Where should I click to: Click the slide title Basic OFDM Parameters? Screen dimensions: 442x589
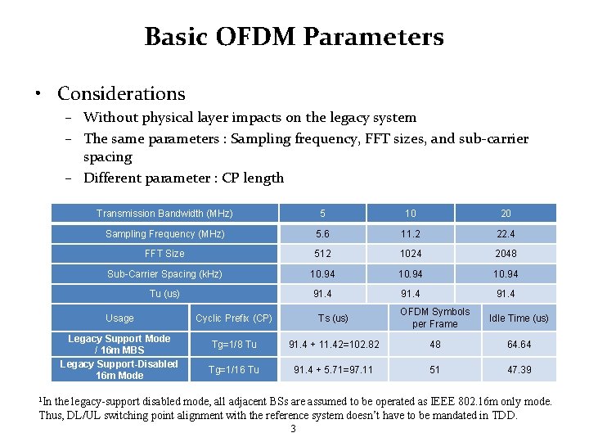pos(294,37)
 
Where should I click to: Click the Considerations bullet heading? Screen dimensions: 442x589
pos(121,94)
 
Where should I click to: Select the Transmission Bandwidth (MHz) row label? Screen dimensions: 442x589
pos(164,214)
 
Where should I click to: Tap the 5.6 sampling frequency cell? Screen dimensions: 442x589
pos(322,234)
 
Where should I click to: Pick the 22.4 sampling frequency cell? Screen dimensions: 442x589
pos(506,234)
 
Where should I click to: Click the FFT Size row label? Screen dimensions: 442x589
pos(164,254)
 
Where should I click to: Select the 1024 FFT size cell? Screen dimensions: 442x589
pos(411,254)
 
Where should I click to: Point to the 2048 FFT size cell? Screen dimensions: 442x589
pos(506,254)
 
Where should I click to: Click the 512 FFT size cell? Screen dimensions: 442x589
pos(322,254)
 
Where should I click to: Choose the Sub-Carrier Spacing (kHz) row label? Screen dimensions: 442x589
pos(164,274)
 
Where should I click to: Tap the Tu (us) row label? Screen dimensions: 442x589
pos(164,294)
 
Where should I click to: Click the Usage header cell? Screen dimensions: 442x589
pos(119,318)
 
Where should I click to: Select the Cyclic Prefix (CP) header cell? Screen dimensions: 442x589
pos(234,318)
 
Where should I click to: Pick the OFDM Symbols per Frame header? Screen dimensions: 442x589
pos(434,318)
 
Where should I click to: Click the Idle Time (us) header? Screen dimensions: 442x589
pos(519,318)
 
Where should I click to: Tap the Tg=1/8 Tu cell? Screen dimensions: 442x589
pos(234,345)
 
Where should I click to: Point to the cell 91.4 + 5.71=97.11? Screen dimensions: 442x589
pos(333,370)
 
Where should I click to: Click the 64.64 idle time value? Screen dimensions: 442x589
pos(519,345)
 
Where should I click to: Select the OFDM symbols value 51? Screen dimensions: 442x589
pos(434,370)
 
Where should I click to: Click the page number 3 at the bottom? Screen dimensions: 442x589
pos(294,429)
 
